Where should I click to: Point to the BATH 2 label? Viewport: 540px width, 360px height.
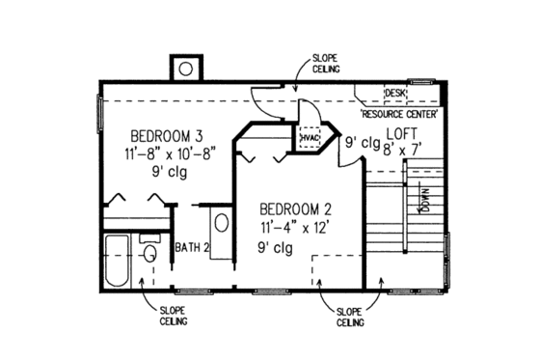click(192, 248)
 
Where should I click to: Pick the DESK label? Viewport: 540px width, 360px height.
click(394, 93)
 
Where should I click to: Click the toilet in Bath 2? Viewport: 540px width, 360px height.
click(149, 254)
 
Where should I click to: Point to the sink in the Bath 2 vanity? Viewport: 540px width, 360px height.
click(221, 223)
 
